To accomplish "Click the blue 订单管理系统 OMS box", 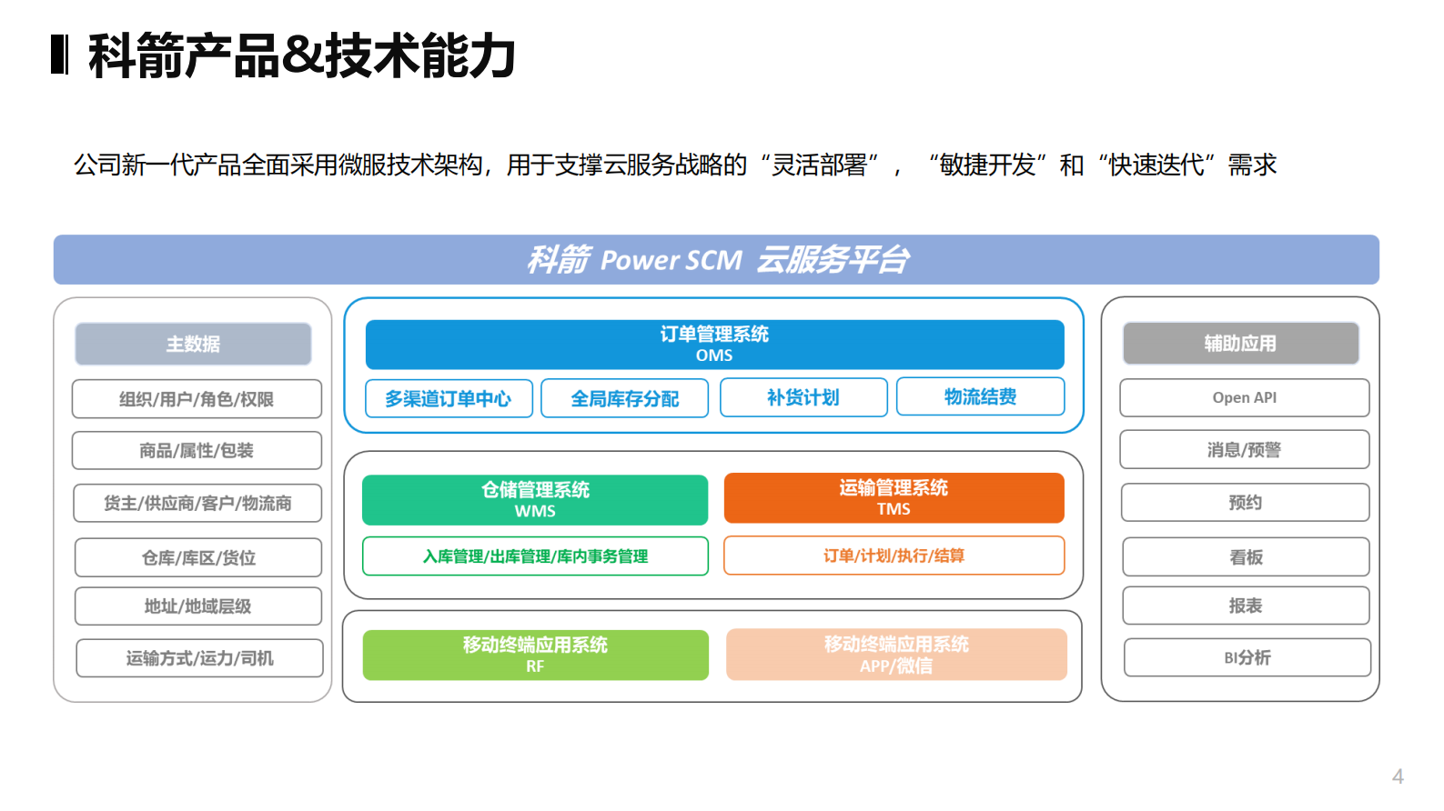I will pyautogui.click(x=714, y=344).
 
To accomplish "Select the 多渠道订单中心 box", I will pyautogui.click(x=449, y=398).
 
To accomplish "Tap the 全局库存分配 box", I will pyautogui.click(x=624, y=398).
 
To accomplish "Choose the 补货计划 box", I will pyautogui.click(x=803, y=397).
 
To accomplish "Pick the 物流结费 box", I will pyautogui.click(x=980, y=396).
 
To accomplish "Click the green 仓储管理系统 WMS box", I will pyautogui.click(x=535, y=499).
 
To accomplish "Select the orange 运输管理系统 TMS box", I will pyautogui.click(x=894, y=497).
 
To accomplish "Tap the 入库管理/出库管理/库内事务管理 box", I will pyautogui.click(x=535, y=556).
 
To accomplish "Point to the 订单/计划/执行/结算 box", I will pyautogui.click(x=894, y=555).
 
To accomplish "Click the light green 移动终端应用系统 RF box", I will pyautogui.click(x=535, y=655).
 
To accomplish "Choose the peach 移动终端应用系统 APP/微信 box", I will pyautogui.click(x=896, y=654).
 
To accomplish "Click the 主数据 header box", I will pyautogui.click(x=193, y=344).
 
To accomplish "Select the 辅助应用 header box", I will pyautogui.click(x=1240, y=343).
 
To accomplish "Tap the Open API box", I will pyautogui.click(x=1244, y=397).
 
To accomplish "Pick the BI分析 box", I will pyautogui.click(x=1247, y=657).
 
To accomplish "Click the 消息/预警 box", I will pyautogui.click(x=1244, y=449).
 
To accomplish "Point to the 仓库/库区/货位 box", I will pyautogui.click(x=198, y=557).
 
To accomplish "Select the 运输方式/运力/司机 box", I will pyautogui.click(x=199, y=658).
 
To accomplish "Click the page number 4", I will pyautogui.click(x=1398, y=776).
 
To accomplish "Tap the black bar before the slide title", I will pyautogui.click(x=60, y=55).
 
